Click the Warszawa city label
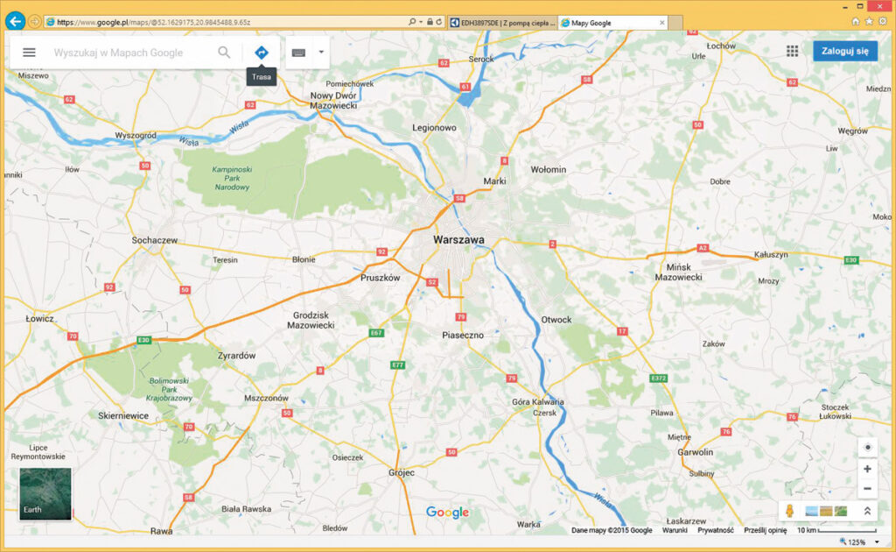point(458,238)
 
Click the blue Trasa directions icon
point(261,53)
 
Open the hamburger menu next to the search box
point(29,53)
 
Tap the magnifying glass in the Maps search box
point(225,53)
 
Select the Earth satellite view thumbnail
point(45,494)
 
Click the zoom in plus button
point(866,469)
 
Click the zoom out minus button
point(866,489)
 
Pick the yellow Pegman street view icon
point(788,511)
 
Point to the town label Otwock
point(556,320)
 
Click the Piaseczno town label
point(463,336)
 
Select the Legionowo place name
point(435,128)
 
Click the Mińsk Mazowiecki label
point(678,272)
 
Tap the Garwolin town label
point(696,452)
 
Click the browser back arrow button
point(15,21)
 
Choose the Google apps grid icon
point(792,51)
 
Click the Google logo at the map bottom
point(447,513)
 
